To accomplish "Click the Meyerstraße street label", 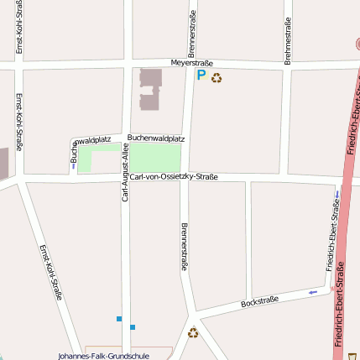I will click(192, 63).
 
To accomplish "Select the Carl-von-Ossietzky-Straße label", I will click(174, 176).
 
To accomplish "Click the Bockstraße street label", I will click(259, 301).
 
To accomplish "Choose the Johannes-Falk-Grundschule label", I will click(103, 356).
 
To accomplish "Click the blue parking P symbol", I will click(201, 76).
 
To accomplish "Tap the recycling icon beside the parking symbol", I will click(217, 78).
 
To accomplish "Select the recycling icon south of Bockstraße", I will click(193, 332).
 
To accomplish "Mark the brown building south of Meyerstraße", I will click(149, 88).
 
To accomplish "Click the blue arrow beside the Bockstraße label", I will click(313, 292).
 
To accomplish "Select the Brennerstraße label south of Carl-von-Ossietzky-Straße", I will click(184, 246).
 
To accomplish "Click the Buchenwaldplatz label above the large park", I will click(156, 138).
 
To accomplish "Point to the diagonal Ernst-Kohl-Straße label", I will click(51, 272).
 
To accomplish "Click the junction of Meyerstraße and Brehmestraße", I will click(287, 65).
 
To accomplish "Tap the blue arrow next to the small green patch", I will click(74, 165).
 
